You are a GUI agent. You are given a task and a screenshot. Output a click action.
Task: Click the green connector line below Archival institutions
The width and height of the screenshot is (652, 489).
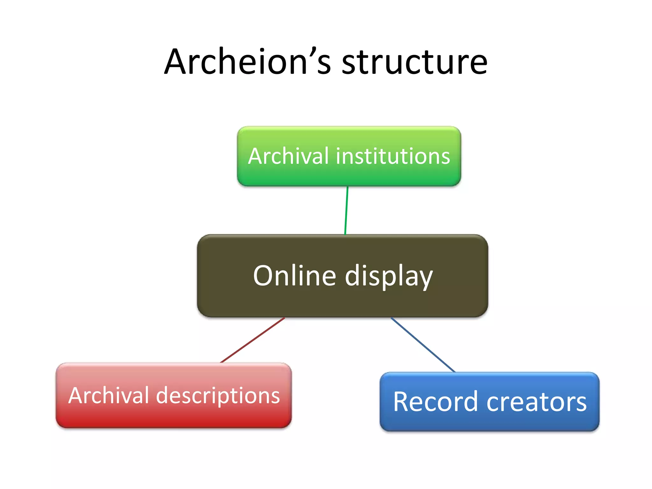pyautogui.click(x=346, y=210)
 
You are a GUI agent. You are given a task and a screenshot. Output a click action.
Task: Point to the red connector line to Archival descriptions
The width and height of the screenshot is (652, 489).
pyautogui.click(x=252, y=340)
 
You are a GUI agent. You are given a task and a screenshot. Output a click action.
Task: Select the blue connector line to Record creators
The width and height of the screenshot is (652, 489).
pyautogui.click(x=423, y=345)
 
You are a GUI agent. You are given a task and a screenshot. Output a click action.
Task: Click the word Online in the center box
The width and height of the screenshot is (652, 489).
pyautogui.click(x=294, y=275)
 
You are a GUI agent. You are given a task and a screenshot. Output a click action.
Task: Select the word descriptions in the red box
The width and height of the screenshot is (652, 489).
pyautogui.click(x=218, y=396)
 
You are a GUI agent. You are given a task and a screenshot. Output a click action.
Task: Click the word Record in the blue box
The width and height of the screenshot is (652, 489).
pyautogui.click(x=435, y=402)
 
